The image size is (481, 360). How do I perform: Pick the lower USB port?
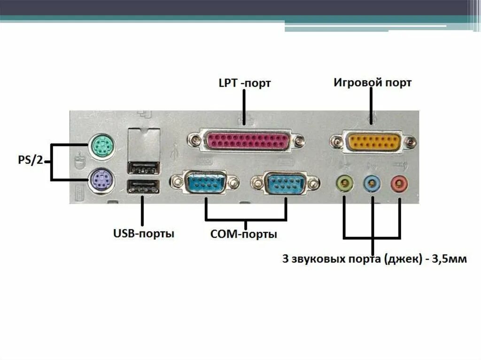[143, 187]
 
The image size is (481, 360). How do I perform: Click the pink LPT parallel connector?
[246, 140]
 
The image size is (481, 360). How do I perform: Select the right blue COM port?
[286, 183]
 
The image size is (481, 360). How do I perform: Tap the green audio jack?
[345, 182]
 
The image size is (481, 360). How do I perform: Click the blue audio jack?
[372, 182]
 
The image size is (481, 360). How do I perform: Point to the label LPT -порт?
[244, 84]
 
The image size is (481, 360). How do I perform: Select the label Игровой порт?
[372, 83]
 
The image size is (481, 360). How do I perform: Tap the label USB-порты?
[144, 233]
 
